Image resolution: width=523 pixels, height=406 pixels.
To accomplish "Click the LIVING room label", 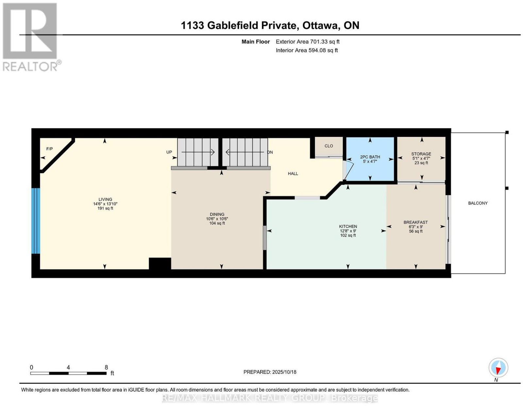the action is pyautogui.click(x=105, y=199).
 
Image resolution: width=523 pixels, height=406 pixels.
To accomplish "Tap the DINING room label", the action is pyautogui.click(x=217, y=214).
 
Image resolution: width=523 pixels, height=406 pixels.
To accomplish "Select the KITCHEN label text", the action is pyautogui.click(x=348, y=226).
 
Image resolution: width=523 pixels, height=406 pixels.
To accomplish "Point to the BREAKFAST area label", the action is pyautogui.click(x=416, y=222).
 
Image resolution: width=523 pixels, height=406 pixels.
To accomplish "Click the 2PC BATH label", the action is pyautogui.click(x=370, y=157).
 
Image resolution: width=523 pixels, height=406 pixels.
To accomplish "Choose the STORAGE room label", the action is pyautogui.click(x=421, y=154).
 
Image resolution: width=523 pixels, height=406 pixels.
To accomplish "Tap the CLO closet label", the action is pyautogui.click(x=329, y=146).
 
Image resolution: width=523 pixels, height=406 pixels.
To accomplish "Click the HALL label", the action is pyautogui.click(x=293, y=173).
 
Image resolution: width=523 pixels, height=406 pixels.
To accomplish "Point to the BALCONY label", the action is pyautogui.click(x=478, y=203).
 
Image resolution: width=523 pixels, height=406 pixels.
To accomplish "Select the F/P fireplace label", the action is pyautogui.click(x=49, y=149).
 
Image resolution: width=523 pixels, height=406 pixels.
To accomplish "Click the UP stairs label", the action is pyautogui.click(x=169, y=152).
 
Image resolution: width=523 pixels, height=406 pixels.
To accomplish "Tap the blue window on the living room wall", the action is pyautogui.click(x=36, y=221).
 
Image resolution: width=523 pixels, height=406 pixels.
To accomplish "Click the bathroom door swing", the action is pyautogui.click(x=348, y=170).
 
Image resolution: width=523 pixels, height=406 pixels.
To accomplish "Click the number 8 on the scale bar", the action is pyautogui.click(x=106, y=367).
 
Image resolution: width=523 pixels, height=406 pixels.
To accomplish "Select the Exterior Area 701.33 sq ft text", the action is pyautogui.click(x=308, y=41).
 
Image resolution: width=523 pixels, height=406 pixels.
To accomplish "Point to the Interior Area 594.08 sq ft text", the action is pyautogui.click(x=307, y=50).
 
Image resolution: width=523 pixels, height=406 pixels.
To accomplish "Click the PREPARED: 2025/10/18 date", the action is pyautogui.click(x=270, y=372).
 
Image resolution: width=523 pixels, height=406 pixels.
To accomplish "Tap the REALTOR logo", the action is pyautogui.click(x=31, y=37).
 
